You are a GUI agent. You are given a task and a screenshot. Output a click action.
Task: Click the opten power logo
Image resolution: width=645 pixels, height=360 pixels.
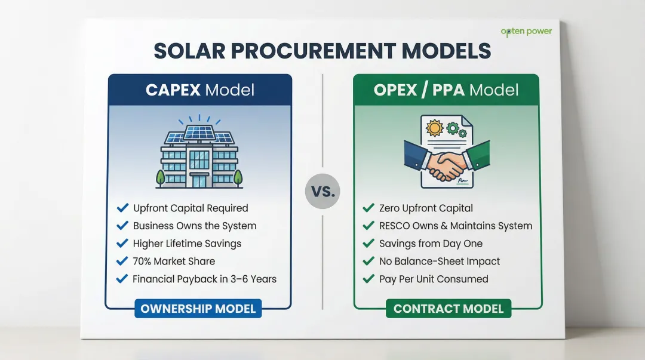526,31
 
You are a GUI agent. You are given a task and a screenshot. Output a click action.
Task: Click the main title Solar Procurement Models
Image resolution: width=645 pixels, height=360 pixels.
322,51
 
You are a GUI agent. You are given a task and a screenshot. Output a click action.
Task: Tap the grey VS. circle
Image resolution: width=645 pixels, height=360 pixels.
322,192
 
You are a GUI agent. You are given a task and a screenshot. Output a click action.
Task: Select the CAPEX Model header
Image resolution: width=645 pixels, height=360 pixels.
200,90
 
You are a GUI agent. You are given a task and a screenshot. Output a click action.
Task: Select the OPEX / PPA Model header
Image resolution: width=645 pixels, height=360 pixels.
446,90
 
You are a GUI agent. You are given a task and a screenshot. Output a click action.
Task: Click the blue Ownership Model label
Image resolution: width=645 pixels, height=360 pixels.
198,309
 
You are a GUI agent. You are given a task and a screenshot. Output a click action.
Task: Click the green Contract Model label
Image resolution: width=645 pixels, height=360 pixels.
448,309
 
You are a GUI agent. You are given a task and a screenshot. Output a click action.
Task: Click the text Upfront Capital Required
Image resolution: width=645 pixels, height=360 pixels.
190,208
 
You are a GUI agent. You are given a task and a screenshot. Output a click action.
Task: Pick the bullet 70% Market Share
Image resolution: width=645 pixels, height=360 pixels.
174,261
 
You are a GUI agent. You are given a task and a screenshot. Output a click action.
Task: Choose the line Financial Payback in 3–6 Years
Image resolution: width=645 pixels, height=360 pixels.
204,279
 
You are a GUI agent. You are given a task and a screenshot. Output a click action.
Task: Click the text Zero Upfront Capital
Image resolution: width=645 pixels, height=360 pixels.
426,208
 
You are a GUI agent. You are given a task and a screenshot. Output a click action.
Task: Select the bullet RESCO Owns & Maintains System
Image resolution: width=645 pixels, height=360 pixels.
455,226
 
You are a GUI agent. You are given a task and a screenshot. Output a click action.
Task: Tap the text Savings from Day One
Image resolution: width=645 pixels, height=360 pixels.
431,244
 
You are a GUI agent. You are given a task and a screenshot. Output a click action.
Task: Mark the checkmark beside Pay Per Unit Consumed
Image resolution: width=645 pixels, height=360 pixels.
368,279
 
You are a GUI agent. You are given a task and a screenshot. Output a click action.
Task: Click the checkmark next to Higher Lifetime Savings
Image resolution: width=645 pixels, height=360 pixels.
122,244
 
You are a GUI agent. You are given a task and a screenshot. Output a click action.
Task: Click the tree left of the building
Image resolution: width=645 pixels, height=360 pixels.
161,177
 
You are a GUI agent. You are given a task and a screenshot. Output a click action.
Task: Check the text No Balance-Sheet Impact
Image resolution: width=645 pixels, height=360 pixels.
439,261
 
